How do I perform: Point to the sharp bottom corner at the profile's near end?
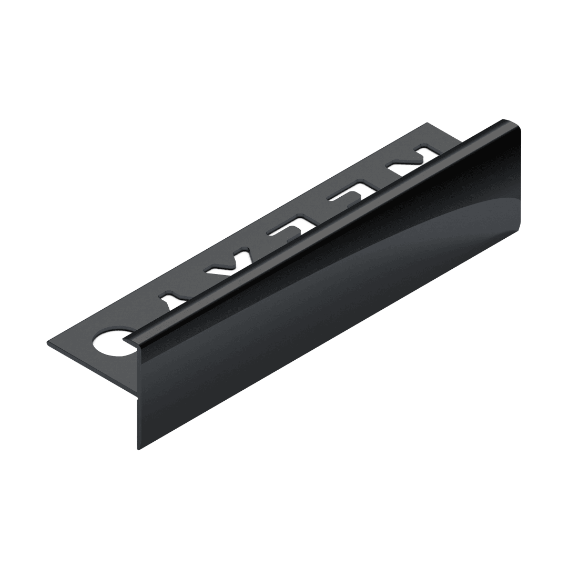[x=139, y=450]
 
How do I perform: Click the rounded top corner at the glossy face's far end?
[x=519, y=126]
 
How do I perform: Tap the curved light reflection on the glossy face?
[x=447, y=221]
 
